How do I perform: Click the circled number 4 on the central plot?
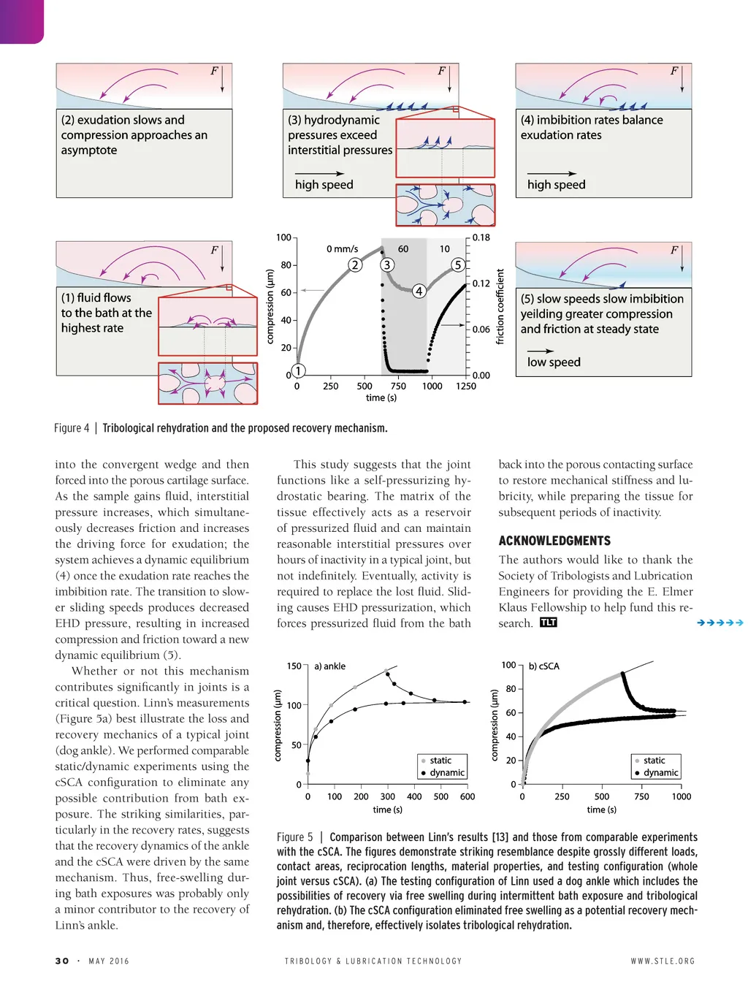tap(419, 291)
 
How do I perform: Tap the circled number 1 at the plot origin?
tap(298, 370)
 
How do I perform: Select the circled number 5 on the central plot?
tap(458, 264)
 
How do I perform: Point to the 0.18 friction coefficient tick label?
tap(481, 237)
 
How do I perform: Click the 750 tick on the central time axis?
tap(398, 386)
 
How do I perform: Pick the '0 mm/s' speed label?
tap(342, 248)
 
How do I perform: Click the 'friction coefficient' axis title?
tap(500, 307)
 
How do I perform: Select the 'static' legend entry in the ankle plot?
tap(440, 761)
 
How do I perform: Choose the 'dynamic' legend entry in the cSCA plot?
tap(661, 773)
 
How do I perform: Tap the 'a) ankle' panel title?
tap(330, 666)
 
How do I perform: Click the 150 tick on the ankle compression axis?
tap(294, 666)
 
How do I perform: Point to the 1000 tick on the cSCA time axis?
tap(682, 796)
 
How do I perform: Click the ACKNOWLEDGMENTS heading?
tap(554, 541)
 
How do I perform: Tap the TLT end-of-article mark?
tap(549, 622)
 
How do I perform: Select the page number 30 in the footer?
tap(62, 961)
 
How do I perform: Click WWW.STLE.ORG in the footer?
tap(663, 961)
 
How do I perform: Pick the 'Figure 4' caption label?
tap(72, 428)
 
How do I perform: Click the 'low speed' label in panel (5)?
tap(554, 362)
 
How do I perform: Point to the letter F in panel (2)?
tap(214, 71)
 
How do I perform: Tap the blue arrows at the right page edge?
tap(720, 622)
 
